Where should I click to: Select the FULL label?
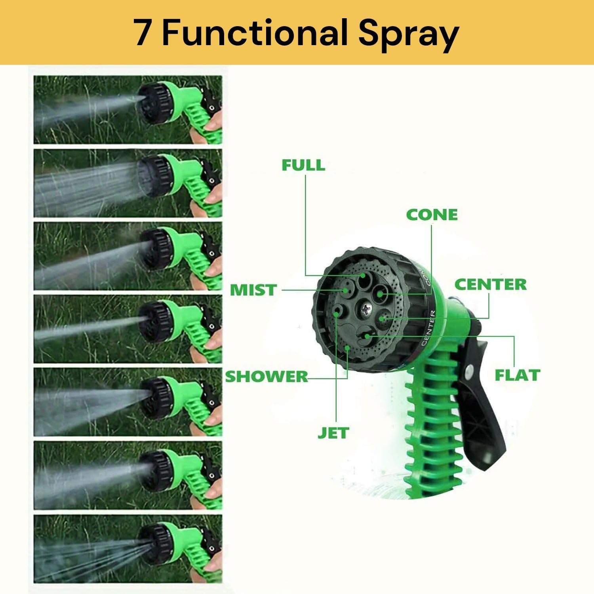(303, 165)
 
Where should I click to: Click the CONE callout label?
(432, 215)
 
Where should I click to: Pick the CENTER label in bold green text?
(490, 284)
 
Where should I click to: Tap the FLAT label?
(517, 375)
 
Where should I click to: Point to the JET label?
(333, 433)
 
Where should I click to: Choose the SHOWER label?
(267, 377)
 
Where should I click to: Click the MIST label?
(253, 290)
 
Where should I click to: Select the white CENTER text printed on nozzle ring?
(429, 329)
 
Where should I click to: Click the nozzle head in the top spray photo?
(152, 98)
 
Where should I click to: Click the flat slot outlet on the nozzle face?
(365, 336)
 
